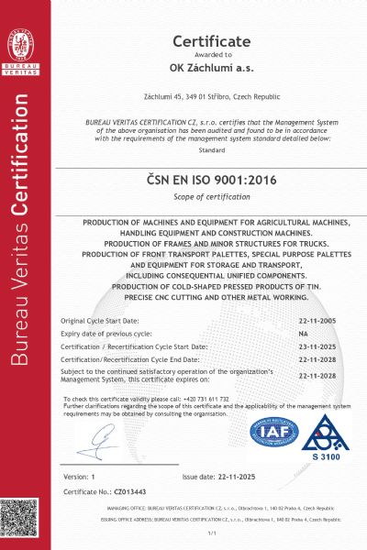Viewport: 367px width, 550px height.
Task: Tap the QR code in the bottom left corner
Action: click(21, 519)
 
